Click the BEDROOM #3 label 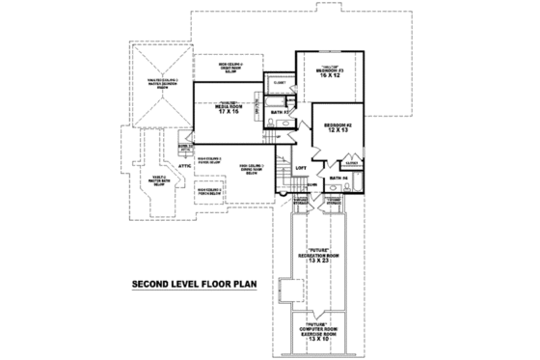pyautogui.click(x=331, y=69)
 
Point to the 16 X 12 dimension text pyautogui.click(x=331, y=76)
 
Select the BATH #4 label pyautogui.click(x=337, y=179)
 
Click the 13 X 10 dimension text pyautogui.click(x=316, y=340)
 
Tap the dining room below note pyautogui.click(x=253, y=169)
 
